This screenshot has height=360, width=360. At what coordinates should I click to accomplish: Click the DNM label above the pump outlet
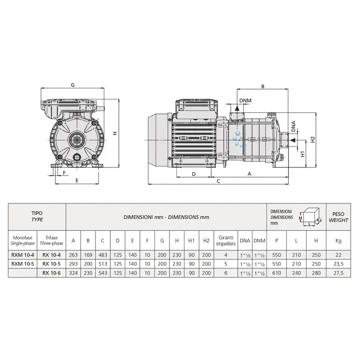pyautogui.click(x=245, y=100)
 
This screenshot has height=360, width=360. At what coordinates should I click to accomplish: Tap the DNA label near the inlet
pyautogui.click(x=293, y=126)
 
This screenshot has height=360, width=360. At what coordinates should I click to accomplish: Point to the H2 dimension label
pyautogui.click(x=313, y=139)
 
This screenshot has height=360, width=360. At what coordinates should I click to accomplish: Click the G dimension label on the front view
pyautogui.click(x=72, y=85)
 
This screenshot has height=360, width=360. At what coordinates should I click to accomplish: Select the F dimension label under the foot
pyautogui.click(x=64, y=173)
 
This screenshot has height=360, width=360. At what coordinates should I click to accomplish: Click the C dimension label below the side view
pyautogui.click(x=218, y=181)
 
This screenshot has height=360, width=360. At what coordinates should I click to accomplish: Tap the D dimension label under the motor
pyautogui.click(x=194, y=174)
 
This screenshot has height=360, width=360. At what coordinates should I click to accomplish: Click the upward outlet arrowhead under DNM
pyautogui.click(x=237, y=108)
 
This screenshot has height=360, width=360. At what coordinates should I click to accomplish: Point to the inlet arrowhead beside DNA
pyautogui.click(x=292, y=140)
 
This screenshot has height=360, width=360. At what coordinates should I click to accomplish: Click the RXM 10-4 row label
pyautogui.click(x=22, y=255)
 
